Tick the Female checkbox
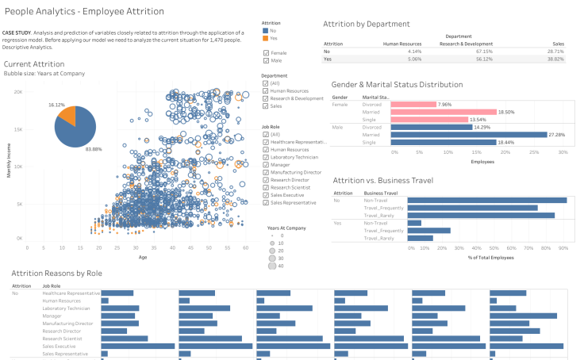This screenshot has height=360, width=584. [x=266, y=52]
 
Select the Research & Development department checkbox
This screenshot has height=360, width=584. [x=266, y=98]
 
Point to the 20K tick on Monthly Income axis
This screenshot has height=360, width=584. [x=18, y=92]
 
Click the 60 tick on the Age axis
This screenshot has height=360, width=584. [x=246, y=248]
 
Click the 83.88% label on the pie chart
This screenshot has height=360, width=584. [x=94, y=149]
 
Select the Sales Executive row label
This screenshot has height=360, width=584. [x=60, y=346]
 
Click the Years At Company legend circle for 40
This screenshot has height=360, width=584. [x=272, y=266]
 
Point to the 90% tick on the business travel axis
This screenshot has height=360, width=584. [x=563, y=248]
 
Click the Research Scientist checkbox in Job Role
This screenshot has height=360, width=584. [x=266, y=186]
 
